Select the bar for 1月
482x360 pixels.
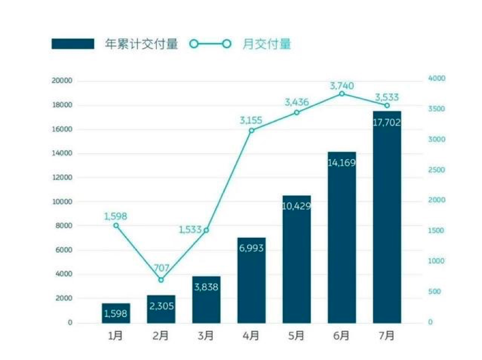[x=116, y=313]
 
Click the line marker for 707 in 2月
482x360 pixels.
[x=161, y=280]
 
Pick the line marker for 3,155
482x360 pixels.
[x=252, y=130]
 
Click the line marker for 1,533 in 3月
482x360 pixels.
[x=206, y=230]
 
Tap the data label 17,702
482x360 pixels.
[x=387, y=122]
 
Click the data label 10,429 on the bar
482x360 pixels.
[x=296, y=206]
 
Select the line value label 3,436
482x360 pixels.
[x=296, y=102]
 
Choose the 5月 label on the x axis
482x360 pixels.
[x=296, y=336]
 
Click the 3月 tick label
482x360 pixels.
[x=206, y=336]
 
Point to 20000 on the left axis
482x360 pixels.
[x=61, y=81]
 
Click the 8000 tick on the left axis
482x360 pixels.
[x=64, y=225]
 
